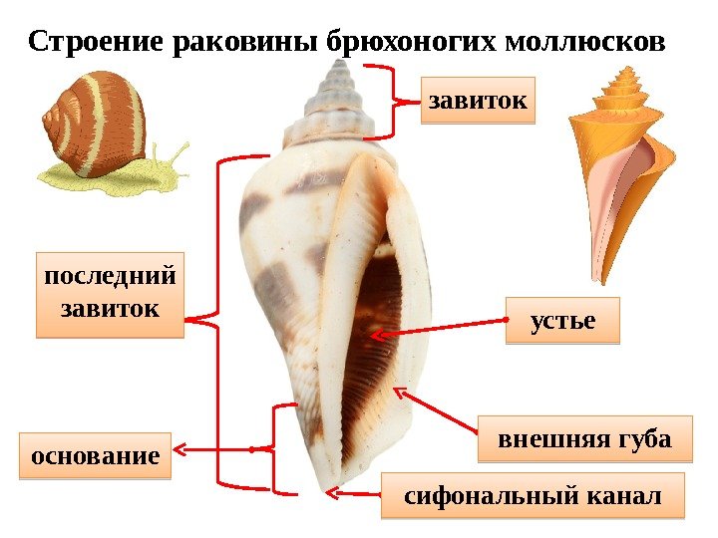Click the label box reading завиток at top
pyautogui.click(x=478, y=101)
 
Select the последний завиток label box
pyautogui.click(x=110, y=295)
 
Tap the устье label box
pyautogui.click(x=562, y=321)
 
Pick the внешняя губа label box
pyautogui.click(x=584, y=439)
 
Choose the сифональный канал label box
pyautogui.click(x=535, y=496)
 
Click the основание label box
pyautogui.click(x=96, y=456)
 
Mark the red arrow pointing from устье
pyautogui.click(x=439, y=329)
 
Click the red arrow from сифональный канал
pyautogui.click(x=357, y=493)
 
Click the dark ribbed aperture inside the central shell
pyautogui.click(x=384, y=319)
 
